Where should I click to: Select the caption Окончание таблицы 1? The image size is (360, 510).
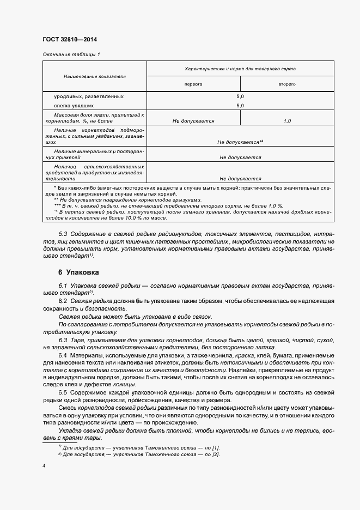(x=71, y=54)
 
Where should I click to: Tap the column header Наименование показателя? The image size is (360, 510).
(x=95, y=76)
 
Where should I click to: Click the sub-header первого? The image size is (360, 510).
(x=193, y=85)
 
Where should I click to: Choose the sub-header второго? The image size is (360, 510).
(x=287, y=85)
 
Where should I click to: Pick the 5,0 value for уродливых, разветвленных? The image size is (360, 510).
(x=240, y=96)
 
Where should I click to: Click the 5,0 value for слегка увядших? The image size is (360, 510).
(x=240, y=106)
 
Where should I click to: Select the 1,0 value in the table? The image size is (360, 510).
(x=287, y=121)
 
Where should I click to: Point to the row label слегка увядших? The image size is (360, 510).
(x=74, y=106)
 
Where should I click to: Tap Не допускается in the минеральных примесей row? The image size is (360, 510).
(x=240, y=157)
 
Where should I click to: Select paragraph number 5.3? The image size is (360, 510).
(x=63, y=234)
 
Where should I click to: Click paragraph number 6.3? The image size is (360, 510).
(x=63, y=341)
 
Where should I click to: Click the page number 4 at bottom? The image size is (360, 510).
(x=44, y=466)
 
